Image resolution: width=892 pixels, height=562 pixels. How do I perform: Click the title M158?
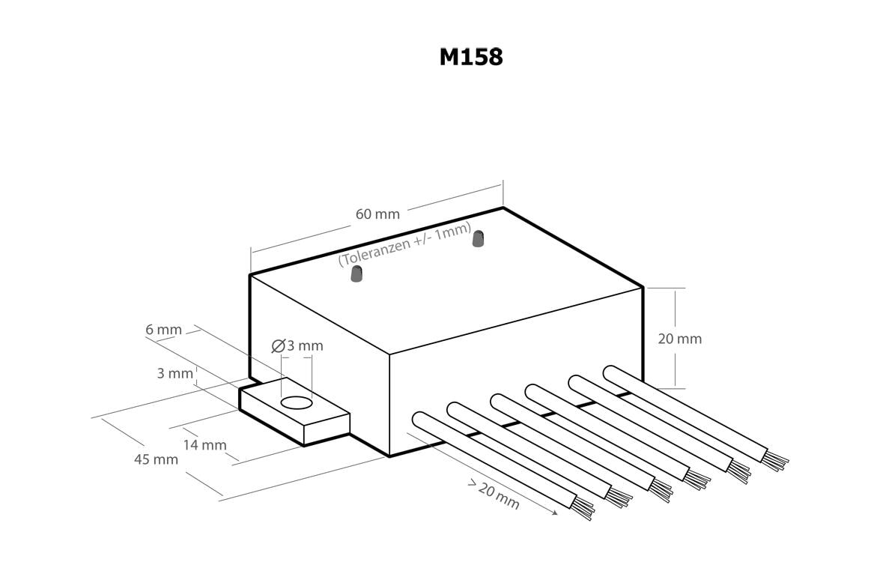[x=471, y=57]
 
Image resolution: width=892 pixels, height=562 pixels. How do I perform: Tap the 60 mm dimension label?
[x=377, y=214]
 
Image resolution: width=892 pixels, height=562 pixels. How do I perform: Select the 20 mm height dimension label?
[x=679, y=339]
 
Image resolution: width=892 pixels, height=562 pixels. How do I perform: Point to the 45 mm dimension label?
[x=156, y=459]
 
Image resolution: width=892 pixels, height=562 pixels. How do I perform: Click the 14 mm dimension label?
[x=204, y=445]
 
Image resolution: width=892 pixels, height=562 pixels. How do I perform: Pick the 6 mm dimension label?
[x=164, y=330]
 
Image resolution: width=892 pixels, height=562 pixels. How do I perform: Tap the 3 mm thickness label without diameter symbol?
[x=175, y=373]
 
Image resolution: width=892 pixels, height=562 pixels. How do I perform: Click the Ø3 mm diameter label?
[x=297, y=345]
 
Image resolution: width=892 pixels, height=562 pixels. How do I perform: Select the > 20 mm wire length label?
[x=494, y=495]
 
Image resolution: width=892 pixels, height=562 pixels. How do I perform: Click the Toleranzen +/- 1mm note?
[x=404, y=244]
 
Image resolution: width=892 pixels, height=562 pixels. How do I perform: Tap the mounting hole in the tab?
[x=296, y=403]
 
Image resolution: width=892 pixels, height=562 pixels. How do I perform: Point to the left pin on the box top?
[x=356, y=275]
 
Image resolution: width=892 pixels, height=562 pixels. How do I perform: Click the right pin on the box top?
[x=476, y=239]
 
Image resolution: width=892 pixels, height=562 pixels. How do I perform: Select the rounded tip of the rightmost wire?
[x=610, y=372]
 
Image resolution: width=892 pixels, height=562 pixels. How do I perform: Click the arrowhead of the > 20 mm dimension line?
[x=555, y=513]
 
